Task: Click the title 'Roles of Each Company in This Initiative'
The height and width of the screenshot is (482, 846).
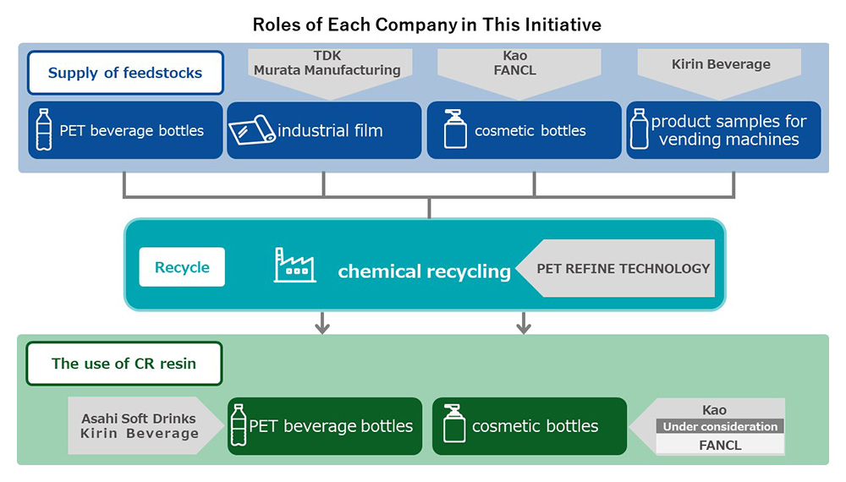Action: click(x=427, y=24)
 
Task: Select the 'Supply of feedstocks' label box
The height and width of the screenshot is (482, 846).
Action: click(x=125, y=73)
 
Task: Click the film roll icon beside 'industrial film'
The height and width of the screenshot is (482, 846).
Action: click(x=252, y=130)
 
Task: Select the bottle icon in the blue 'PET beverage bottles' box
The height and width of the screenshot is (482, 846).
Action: click(x=44, y=130)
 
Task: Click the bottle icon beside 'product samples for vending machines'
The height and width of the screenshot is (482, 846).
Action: click(x=640, y=129)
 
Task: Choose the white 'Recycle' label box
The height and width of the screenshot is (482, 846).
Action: click(x=182, y=267)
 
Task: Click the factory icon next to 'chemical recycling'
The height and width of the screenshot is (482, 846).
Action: click(x=295, y=265)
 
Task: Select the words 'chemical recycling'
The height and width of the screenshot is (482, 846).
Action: click(x=424, y=271)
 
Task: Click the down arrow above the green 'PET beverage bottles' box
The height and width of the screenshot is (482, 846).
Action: click(x=321, y=321)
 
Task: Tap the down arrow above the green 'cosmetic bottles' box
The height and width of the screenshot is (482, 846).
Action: click(x=524, y=321)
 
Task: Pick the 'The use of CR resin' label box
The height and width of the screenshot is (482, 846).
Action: click(x=124, y=364)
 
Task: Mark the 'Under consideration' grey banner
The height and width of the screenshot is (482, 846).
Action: click(x=720, y=426)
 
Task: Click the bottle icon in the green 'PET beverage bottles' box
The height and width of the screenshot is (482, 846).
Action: click(x=239, y=425)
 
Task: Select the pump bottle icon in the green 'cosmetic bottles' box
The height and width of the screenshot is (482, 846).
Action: click(x=454, y=425)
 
